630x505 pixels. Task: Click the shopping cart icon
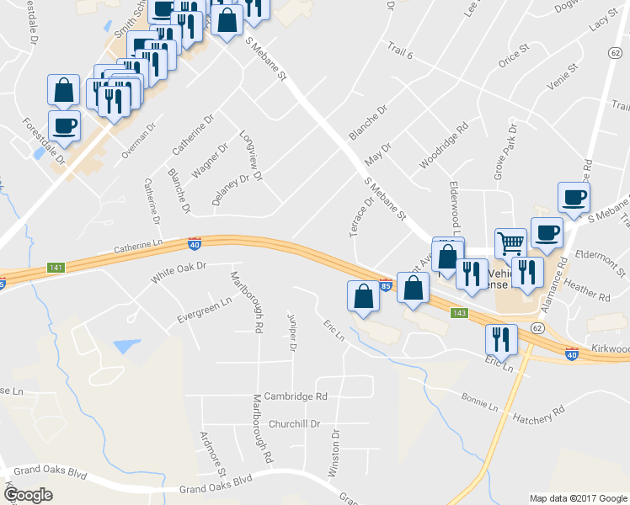(x=510, y=244)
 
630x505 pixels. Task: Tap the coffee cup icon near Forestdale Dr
(x=64, y=126)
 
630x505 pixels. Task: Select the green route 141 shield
(x=56, y=267)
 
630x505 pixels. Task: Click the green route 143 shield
(x=459, y=313)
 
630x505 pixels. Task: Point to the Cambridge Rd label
(x=295, y=396)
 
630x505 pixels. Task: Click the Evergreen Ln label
(x=204, y=311)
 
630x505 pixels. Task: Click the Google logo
(x=28, y=495)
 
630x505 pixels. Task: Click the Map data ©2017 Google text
(x=578, y=497)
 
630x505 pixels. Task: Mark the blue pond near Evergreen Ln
(x=126, y=346)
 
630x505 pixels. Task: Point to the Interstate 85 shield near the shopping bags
(x=385, y=284)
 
